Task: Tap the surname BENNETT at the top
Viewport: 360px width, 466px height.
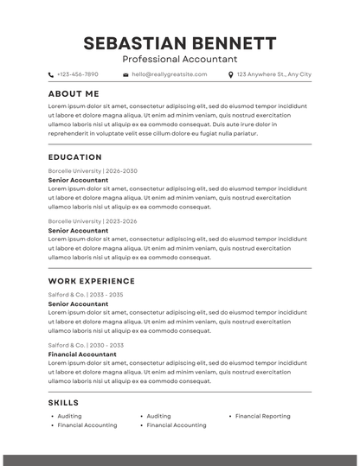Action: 232,43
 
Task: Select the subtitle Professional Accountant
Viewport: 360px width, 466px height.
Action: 179,60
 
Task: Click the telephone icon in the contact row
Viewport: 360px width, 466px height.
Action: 51,75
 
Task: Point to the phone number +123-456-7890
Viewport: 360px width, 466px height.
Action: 78,75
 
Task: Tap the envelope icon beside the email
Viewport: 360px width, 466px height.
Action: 125,75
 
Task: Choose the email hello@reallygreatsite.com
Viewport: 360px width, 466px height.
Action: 169,75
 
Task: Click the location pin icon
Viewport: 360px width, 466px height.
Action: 230,75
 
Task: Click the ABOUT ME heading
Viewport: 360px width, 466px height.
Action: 74,93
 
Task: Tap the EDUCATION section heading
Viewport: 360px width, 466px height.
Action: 75,157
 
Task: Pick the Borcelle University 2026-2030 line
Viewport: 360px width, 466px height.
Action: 93,171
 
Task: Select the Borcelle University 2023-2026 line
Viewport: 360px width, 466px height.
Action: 93,221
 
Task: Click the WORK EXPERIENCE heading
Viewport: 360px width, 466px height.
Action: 92,281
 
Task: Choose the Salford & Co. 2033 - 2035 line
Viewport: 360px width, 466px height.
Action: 86,295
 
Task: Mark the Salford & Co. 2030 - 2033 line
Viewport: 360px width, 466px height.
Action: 86,345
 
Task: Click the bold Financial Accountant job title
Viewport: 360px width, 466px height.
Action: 82,354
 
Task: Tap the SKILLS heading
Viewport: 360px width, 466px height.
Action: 63,403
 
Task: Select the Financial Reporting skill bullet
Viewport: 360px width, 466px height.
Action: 262,416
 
